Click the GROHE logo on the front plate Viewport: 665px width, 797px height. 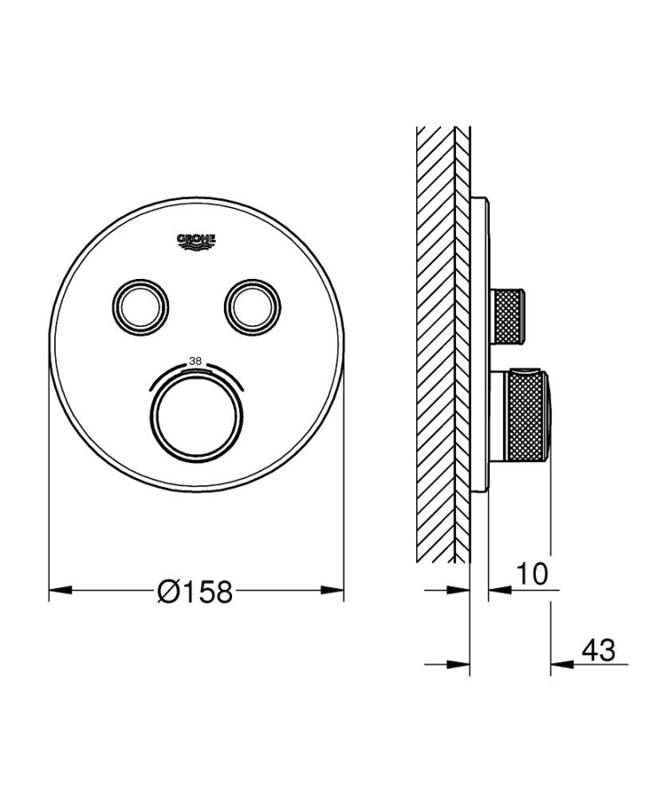(x=197, y=240)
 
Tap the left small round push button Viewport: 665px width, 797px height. (x=138, y=306)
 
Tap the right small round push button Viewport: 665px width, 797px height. (x=253, y=306)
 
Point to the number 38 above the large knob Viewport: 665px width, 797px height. (x=196, y=361)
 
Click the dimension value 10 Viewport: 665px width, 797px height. (x=531, y=574)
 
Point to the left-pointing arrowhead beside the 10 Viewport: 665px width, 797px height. (x=496, y=591)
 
